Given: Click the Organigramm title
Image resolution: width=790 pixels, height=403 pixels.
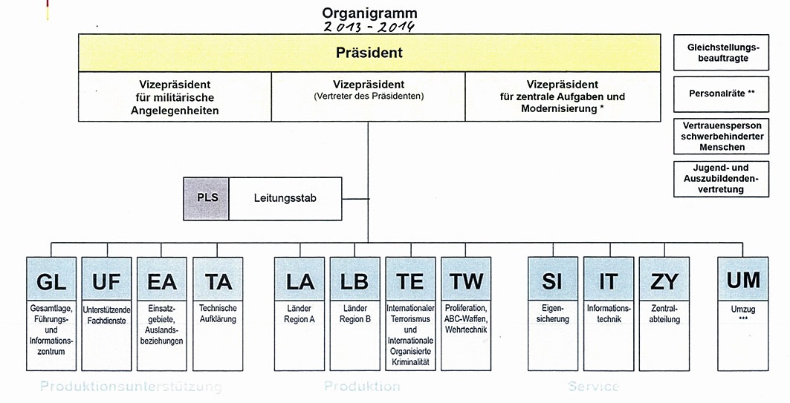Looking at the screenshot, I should [369, 13].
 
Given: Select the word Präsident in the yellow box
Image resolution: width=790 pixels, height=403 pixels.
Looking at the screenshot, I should [369, 53].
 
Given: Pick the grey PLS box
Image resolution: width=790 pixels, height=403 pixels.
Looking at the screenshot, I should [206, 199].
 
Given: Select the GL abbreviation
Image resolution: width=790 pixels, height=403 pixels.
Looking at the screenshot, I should [51, 281].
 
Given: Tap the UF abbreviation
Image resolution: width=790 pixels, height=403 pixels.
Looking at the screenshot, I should [107, 281].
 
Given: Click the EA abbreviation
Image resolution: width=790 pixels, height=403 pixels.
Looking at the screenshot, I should [162, 281].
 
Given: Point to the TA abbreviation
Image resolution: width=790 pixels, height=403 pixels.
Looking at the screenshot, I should [218, 281].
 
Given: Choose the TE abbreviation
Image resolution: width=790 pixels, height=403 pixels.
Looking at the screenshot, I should [410, 281].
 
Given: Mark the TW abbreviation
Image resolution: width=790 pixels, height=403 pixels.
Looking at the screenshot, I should [466, 281].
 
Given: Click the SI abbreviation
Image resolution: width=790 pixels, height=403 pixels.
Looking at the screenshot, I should [552, 281].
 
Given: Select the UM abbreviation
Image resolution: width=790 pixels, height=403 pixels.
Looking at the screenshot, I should [743, 280].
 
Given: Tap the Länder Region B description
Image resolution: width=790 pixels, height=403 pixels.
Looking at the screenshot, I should [354, 314].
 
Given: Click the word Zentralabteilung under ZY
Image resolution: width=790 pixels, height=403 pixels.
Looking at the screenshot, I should [664, 314].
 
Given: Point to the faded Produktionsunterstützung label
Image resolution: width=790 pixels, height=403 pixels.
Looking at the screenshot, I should [131, 387].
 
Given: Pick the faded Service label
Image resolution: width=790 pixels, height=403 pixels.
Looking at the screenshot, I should [593, 387].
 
